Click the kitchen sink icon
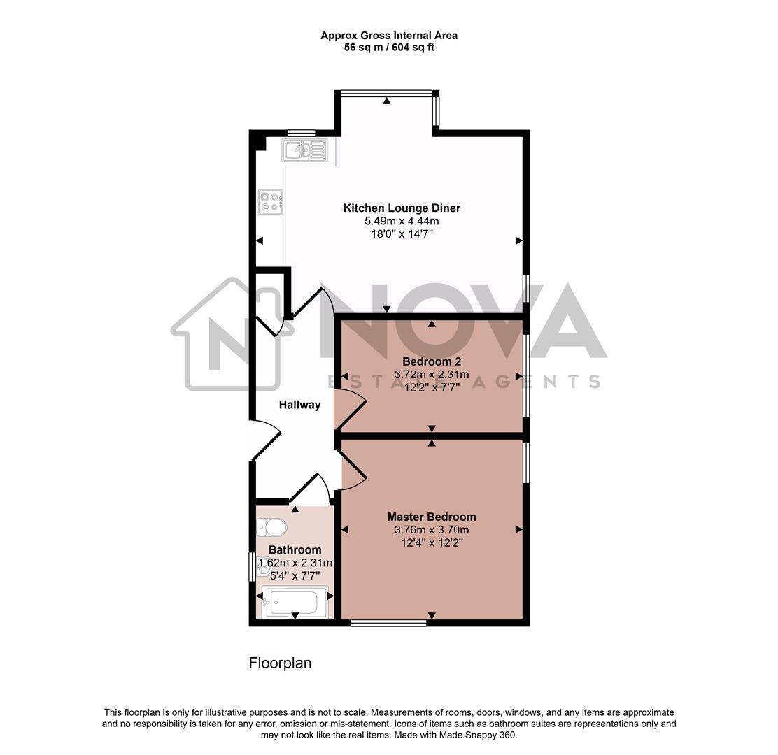tap(304, 149)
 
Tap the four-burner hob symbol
tap(271, 201)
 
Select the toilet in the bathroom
tap(271, 526)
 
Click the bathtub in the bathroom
tap(295, 601)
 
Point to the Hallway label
tap(299, 405)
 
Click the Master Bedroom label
tap(432, 517)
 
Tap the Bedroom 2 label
tap(432, 361)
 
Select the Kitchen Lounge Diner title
tap(402, 208)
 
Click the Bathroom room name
tap(295, 549)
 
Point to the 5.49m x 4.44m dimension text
tap(402, 221)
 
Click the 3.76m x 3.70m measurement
tap(432, 529)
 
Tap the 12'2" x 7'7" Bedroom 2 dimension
tap(432, 387)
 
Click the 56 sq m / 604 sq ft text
tap(389, 48)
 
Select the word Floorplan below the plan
tap(280, 663)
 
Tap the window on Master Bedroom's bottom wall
tap(389, 621)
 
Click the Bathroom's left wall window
tap(253, 566)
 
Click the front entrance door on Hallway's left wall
tap(266, 440)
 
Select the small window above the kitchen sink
tap(302, 132)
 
